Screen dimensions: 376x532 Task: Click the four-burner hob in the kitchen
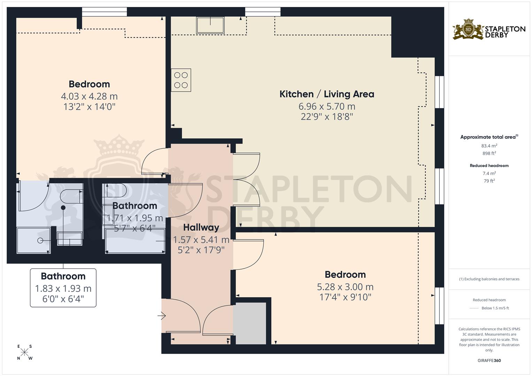[x=181, y=80]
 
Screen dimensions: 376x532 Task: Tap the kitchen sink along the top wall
[x=210, y=25]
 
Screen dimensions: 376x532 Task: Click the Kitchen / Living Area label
[x=326, y=94]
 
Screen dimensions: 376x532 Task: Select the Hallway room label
[x=201, y=228]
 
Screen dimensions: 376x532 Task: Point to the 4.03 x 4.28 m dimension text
[x=89, y=96]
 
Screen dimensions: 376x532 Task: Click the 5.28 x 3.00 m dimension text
[x=345, y=287]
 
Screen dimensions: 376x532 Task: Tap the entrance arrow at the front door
[x=162, y=316]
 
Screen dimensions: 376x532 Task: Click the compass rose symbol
[x=25, y=352]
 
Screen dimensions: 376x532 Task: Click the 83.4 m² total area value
[x=489, y=146]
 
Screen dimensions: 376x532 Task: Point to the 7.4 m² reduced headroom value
[x=489, y=173]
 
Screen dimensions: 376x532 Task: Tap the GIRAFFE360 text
[x=489, y=360]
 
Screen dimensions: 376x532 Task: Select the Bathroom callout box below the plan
[x=63, y=288]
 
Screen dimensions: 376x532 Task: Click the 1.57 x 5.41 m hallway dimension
[x=201, y=240]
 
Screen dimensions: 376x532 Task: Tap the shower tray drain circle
[x=40, y=241]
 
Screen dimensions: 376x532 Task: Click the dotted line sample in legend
[x=474, y=308]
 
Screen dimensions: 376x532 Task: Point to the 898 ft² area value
[x=489, y=153]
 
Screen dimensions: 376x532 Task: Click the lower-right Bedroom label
[x=345, y=274]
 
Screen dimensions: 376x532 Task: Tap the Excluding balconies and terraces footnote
[x=489, y=279]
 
